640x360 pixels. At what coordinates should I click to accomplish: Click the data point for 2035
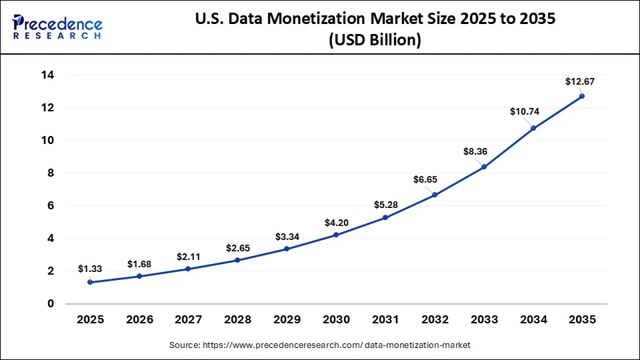tap(582, 96)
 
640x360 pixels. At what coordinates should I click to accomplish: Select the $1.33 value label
tap(89, 269)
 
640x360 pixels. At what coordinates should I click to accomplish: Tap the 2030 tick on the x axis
tap(336, 320)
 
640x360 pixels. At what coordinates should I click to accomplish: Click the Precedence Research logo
tap(57, 27)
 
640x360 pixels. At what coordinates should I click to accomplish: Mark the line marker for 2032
tap(435, 195)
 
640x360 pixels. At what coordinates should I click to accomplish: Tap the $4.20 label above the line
tap(336, 221)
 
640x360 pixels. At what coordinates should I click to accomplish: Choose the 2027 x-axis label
tap(188, 320)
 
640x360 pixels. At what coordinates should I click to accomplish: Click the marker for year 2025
tap(90, 282)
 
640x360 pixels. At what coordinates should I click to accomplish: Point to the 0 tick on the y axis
tap(49, 304)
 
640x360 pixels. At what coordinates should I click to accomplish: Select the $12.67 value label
tap(579, 81)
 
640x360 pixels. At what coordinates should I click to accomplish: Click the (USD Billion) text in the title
tap(374, 40)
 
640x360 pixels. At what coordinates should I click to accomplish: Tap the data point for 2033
tap(484, 167)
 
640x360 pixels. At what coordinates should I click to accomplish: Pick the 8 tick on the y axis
tap(49, 173)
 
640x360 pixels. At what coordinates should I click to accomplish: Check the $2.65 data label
tap(237, 248)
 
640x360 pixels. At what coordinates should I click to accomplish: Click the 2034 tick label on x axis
tap(533, 320)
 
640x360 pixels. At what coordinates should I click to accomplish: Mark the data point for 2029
tap(287, 249)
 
